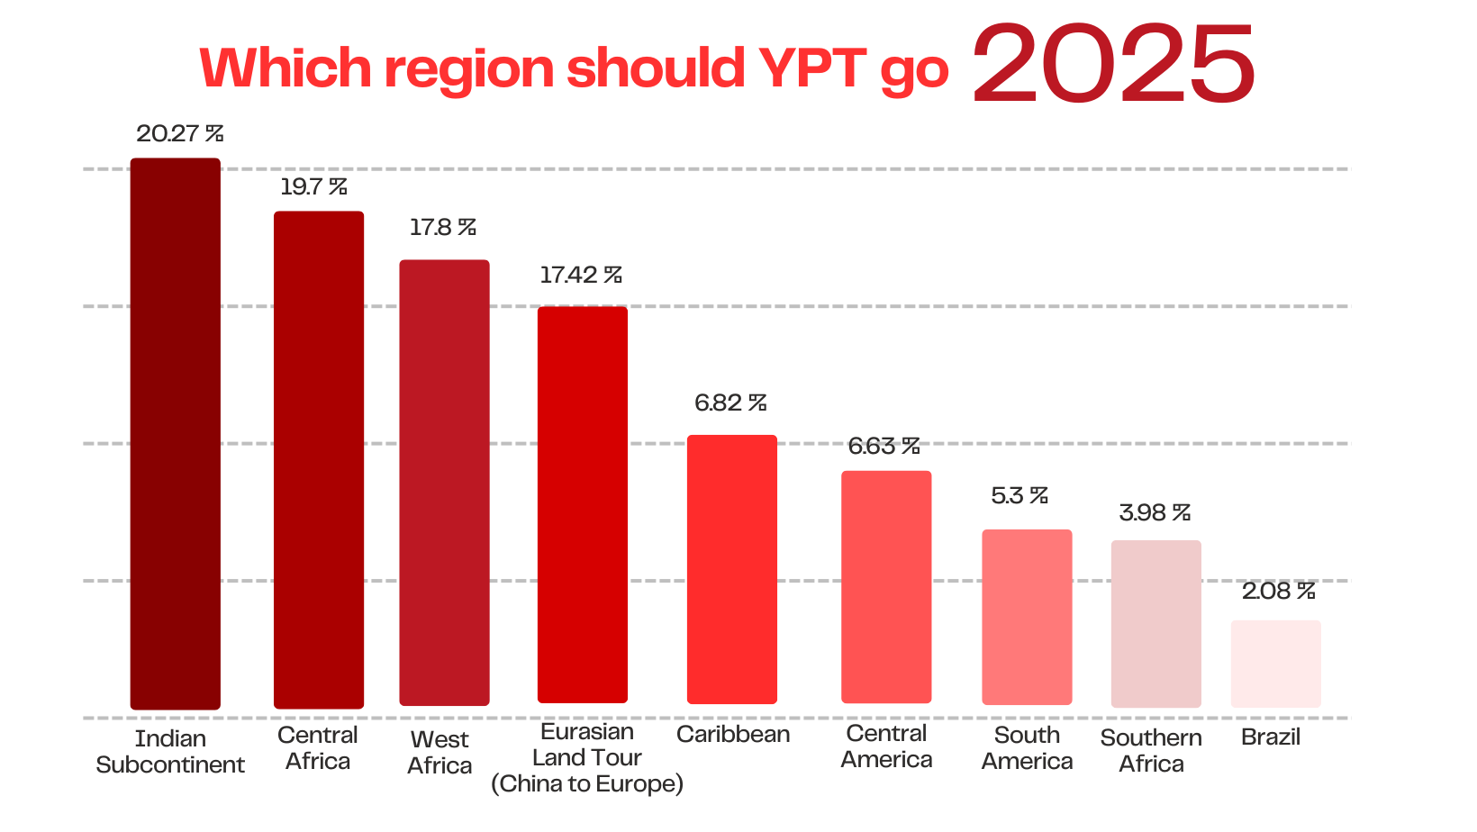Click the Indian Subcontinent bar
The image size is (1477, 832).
[175, 433]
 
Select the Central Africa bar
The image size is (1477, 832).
[319, 459]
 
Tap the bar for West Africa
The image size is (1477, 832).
[444, 483]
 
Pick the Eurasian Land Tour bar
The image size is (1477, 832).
[583, 504]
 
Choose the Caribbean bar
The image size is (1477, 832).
[732, 569]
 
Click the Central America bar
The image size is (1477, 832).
[886, 586]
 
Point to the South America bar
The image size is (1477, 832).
[1027, 617]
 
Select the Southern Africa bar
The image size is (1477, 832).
[1156, 623]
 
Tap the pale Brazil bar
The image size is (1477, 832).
[1275, 664]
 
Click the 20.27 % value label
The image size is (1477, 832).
[179, 134]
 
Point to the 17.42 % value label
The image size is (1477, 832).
[581, 276]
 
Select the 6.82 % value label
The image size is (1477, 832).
[730, 403]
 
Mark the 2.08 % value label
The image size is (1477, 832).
[1278, 592]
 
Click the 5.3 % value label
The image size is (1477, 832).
[1019, 496]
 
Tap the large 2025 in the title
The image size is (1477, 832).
[1114, 63]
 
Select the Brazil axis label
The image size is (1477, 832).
[1271, 737]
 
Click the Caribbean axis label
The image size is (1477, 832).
[733, 735]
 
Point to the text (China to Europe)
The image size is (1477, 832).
[587, 784]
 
